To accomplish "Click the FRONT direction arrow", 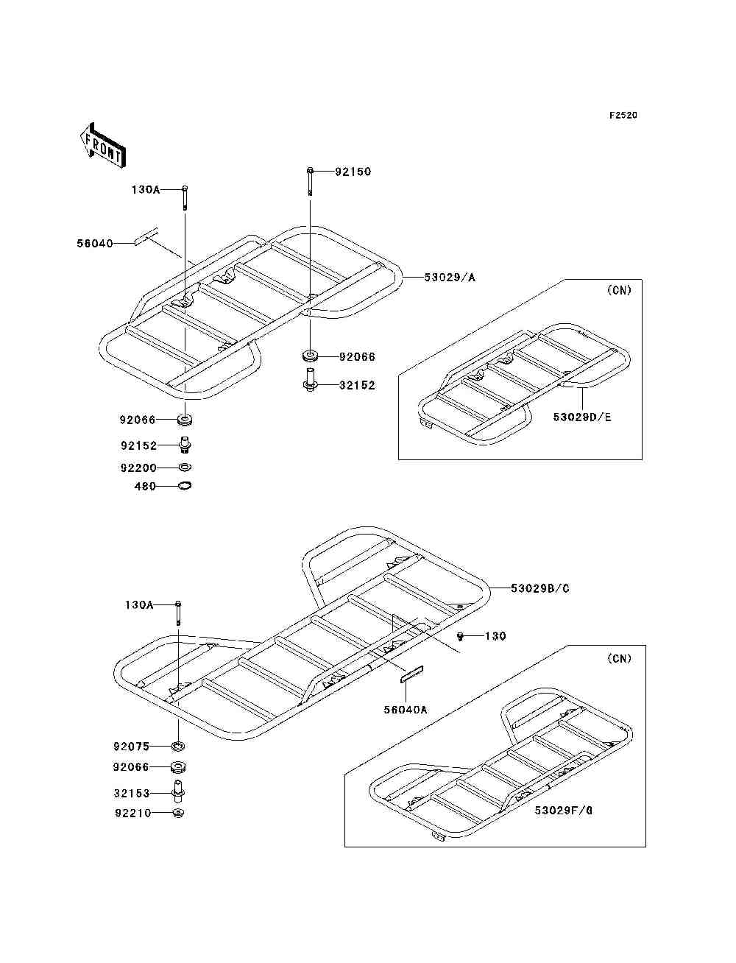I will pyautogui.click(x=102, y=146).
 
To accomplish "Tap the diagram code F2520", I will pyautogui.click(x=623, y=116).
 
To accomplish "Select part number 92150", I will pyautogui.click(x=353, y=172).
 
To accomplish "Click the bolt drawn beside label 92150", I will pyautogui.click(x=311, y=181).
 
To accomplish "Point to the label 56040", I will pyautogui.click(x=95, y=243).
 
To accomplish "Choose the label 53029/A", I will pyautogui.click(x=450, y=278).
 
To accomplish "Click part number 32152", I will pyautogui.click(x=357, y=385).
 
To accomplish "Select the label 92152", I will pyautogui.click(x=138, y=445).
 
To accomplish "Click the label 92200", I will pyautogui.click(x=138, y=468).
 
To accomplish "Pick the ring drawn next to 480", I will pyautogui.click(x=185, y=486).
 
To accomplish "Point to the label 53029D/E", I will pyautogui.click(x=582, y=417).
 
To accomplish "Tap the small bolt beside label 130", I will pyautogui.click(x=461, y=635).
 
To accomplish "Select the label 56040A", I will pyautogui.click(x=405, y=710).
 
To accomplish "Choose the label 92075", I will pyautogui.click(x=131, y=746).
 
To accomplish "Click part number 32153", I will pyautogui.click(x=132, y=793).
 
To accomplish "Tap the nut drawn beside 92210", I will pyautogui.click(x=177, y=813).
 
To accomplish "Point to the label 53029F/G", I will pyautogui.click(x=564, y=811).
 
